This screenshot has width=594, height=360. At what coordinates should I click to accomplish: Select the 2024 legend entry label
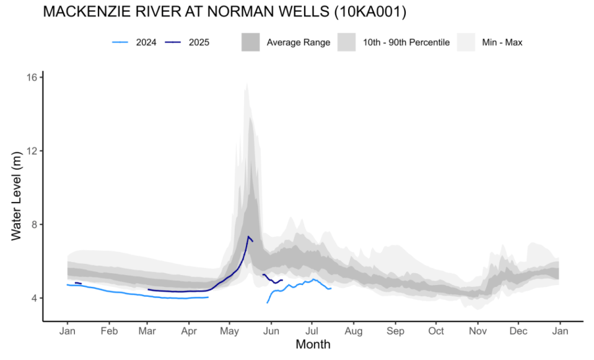pyautogui.click(x=146, y=43)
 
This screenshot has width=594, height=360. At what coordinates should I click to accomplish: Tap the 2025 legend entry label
pyautogui.click(x=199, y=43)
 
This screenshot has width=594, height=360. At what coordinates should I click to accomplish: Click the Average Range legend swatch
pyautogui.click(x=251, y=43)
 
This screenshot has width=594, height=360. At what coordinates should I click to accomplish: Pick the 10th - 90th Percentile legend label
pyautogui.click(x=406, y=43)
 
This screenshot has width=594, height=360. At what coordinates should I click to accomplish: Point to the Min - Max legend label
pyautogui.click(x=502, y=43)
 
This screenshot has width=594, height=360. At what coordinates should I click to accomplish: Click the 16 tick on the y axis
pyautogui.click(x=32, y=77)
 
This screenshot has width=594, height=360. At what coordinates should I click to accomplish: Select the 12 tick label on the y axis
pyautogui.click(x=32, y=151)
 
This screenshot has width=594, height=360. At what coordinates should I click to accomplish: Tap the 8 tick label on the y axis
pyautogui.click(x=35, y=224)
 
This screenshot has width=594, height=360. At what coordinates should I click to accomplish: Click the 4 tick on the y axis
pyautogui.click(x=35, y=298)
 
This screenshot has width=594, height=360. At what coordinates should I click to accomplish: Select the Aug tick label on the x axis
pyautogui.click(x=354, y=331)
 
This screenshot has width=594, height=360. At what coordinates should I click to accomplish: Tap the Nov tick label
pyautogui.click(x=477, y=331)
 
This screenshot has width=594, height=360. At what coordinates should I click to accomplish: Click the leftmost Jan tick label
pyautogui.click(x=68, y=331)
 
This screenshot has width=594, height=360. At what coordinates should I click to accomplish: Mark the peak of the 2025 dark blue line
pyautogui.click(x=248, y=236)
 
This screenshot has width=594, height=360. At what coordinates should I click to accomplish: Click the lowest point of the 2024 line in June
pyautogui.click(x=268, y=302)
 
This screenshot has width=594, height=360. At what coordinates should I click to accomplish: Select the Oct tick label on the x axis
pyautogui.click(x=436, y=331)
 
